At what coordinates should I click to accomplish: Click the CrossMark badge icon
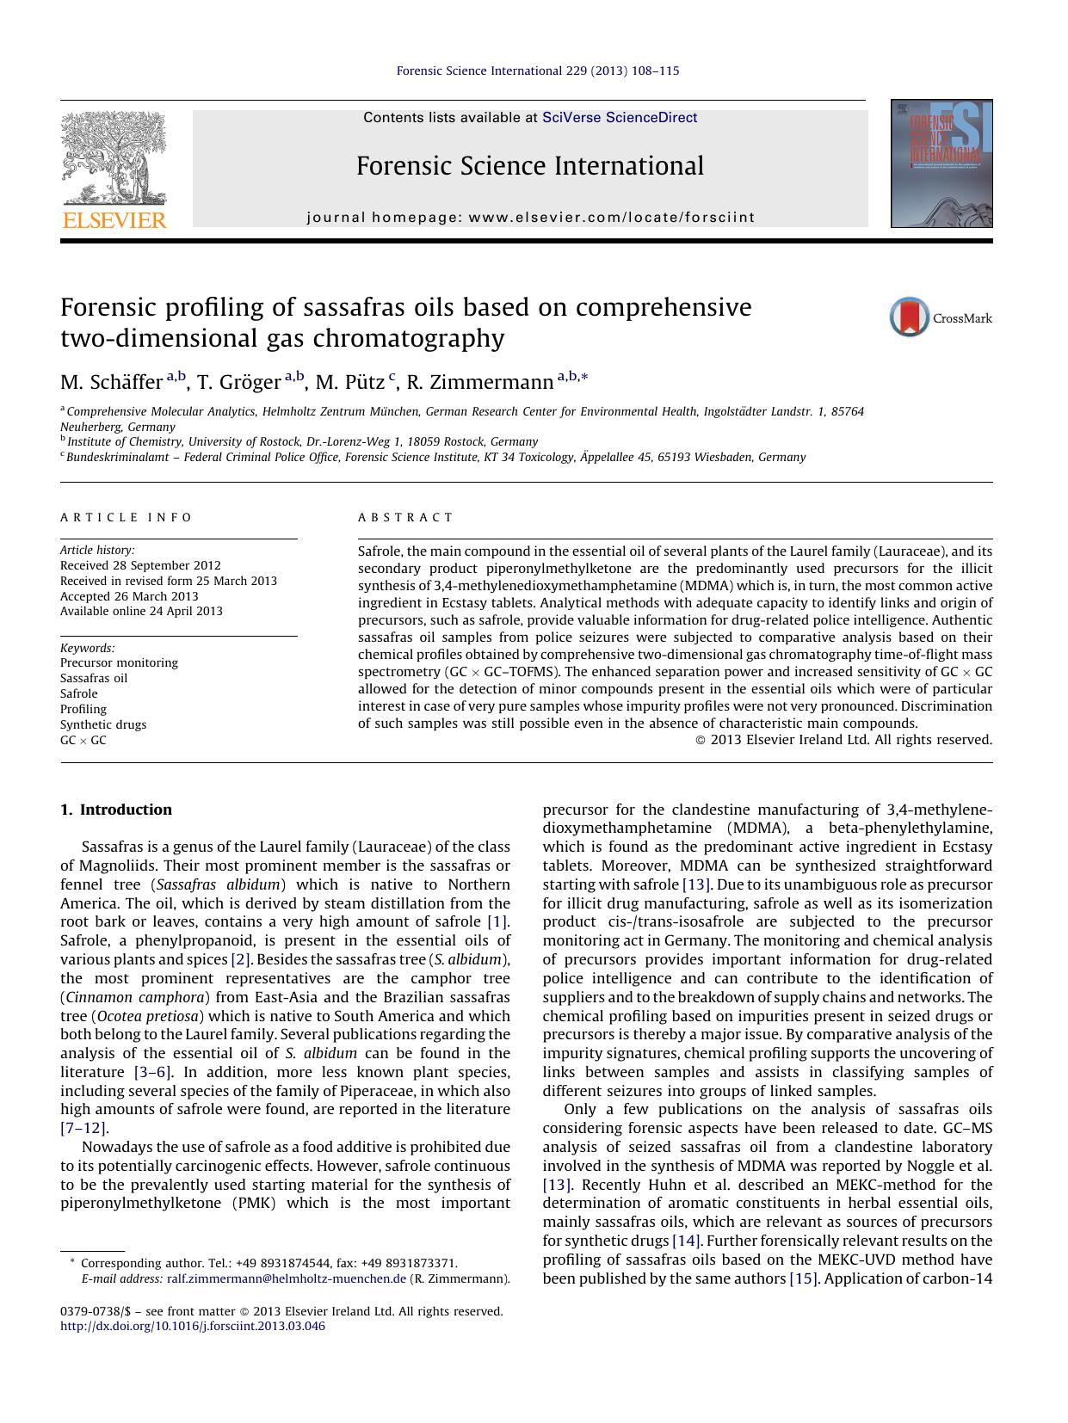pos(909,317)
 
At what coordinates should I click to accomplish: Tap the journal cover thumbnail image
pos(941,163)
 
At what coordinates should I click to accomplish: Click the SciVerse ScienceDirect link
pos(620,118)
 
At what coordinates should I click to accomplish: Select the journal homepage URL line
pos(530,218)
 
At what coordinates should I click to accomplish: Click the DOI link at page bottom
pos(193,1326)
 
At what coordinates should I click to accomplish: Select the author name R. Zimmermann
pos(479,382)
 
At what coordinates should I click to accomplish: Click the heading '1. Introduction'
pos(116,810)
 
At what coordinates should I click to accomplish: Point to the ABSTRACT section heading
pos(405,517)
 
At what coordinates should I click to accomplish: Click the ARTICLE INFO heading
pos(127,517)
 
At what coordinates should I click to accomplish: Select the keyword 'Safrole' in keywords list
pos(79,693)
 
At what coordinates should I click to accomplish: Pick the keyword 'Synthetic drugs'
pos(103,724)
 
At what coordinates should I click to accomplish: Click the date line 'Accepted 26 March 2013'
pos(129,596)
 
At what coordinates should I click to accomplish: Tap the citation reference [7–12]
pos(83,1128)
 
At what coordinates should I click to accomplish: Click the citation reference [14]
pos(687,1241)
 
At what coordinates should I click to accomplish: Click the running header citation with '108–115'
pos(537,71)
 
